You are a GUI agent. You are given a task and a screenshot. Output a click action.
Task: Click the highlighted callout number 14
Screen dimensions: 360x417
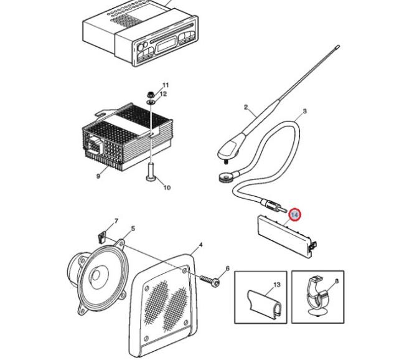pos(295,215)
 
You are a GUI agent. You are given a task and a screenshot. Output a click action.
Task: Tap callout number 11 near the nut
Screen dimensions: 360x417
pos(166,85)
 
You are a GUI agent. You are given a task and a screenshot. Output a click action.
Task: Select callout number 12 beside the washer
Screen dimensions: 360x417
pos(164,94)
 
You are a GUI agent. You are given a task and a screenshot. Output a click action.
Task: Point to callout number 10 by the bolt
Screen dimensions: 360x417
pos(166,187)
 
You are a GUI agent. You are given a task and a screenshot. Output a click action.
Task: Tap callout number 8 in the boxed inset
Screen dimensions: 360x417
pos(337,281)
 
